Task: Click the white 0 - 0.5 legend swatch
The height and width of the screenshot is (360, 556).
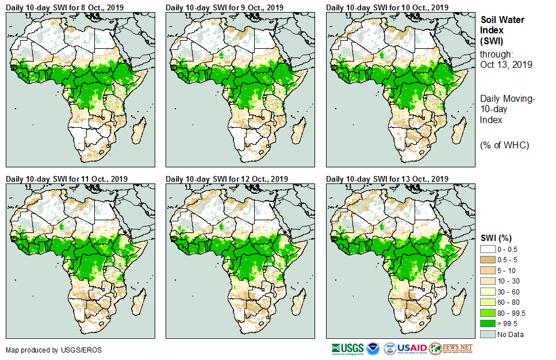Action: click(489, 249)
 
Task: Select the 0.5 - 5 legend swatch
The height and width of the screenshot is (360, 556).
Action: click(489, 259)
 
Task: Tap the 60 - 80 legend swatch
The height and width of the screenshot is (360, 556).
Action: click(489, 302)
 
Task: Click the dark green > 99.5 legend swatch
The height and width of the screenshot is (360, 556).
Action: click(489, 323)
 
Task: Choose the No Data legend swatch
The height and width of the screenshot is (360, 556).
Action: click(489, 334)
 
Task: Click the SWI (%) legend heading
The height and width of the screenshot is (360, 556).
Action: click(496, 238)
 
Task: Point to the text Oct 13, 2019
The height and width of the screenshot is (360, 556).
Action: click(506, 64)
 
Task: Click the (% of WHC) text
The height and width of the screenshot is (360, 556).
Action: click(504, 145)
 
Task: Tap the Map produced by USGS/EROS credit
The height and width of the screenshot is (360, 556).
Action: click(45, 350)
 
